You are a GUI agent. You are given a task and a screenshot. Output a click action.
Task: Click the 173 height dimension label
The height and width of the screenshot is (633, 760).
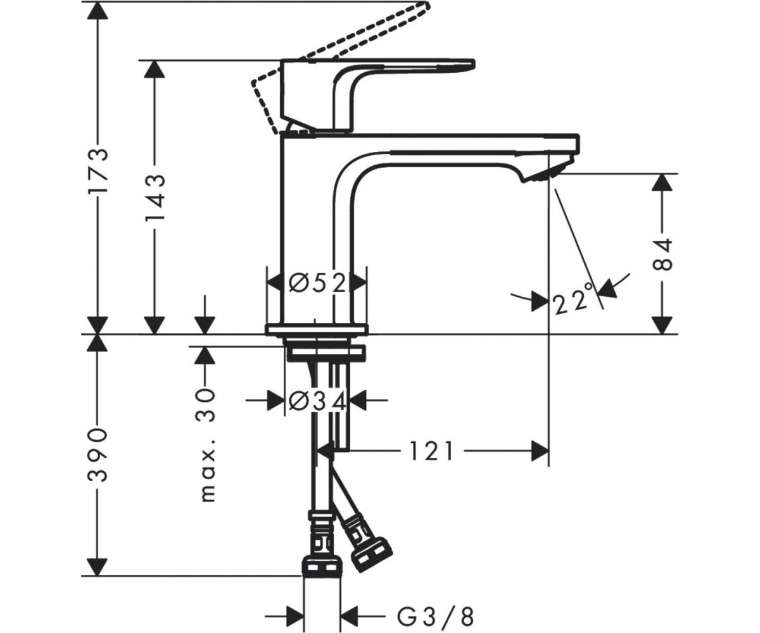(x=98, y=171)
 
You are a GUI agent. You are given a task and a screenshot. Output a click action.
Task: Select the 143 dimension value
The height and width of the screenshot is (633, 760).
(x=155, y=199)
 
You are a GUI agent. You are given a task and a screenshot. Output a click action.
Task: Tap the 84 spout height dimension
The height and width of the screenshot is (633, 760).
(x=662, y=254)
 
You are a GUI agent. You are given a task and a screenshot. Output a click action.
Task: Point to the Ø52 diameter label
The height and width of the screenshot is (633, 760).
(x=317, y=283)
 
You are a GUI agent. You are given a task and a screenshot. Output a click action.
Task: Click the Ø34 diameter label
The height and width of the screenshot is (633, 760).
(x=317, y=401)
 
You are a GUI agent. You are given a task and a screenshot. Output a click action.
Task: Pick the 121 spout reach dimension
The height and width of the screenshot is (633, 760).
(x=432, y=451)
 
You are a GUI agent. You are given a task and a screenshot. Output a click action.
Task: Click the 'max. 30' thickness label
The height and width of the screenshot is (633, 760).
(x=206, y=445)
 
